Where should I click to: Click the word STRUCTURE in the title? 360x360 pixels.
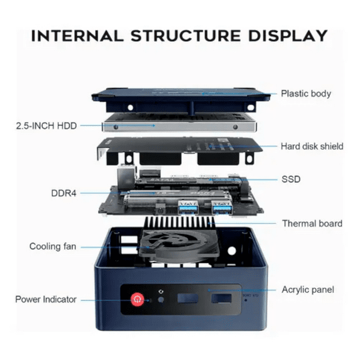pyautogui.click(x=186, y=36)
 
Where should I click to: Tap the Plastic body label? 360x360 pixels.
pyautogui.click(x=306, y=94)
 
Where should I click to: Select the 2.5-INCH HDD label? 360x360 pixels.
pyautogui.click(x=46, y=126)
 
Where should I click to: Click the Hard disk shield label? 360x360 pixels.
pyautogui.click(x=312, y=146)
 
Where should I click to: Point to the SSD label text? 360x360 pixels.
pyautogui.click(x=291, y=179)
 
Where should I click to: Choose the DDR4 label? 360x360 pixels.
pyautogui.click(x=64, y=194)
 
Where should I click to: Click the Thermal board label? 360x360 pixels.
pyautogui.click(x=312, y=224)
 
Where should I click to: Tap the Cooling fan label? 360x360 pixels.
pyautogui.click(x=53, y=246)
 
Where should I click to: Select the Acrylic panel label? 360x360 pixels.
pyautogui.click(x=308, y=290)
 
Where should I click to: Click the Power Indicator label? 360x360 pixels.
pyautogui.click(x=46, y=299)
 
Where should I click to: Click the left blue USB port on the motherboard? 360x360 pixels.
pyautogui.click(x=188, y=208)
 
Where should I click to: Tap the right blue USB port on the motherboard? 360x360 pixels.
pyautogui.click(x=222, y=208)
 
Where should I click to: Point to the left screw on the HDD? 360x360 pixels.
pyautogui.click(x=116, y=126)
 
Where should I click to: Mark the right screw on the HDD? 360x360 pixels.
pyautogui.click(x=235, y=127)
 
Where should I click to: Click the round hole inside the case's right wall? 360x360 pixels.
pyautogui.click(x=232, y=251)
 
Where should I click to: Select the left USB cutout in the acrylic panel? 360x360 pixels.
pyautogui.click(x=188, y=298)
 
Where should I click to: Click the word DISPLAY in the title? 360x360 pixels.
pyautogui.click(x=288, y=36)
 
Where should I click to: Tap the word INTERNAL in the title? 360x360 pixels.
pyautogui.click(x=78, y=36)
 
